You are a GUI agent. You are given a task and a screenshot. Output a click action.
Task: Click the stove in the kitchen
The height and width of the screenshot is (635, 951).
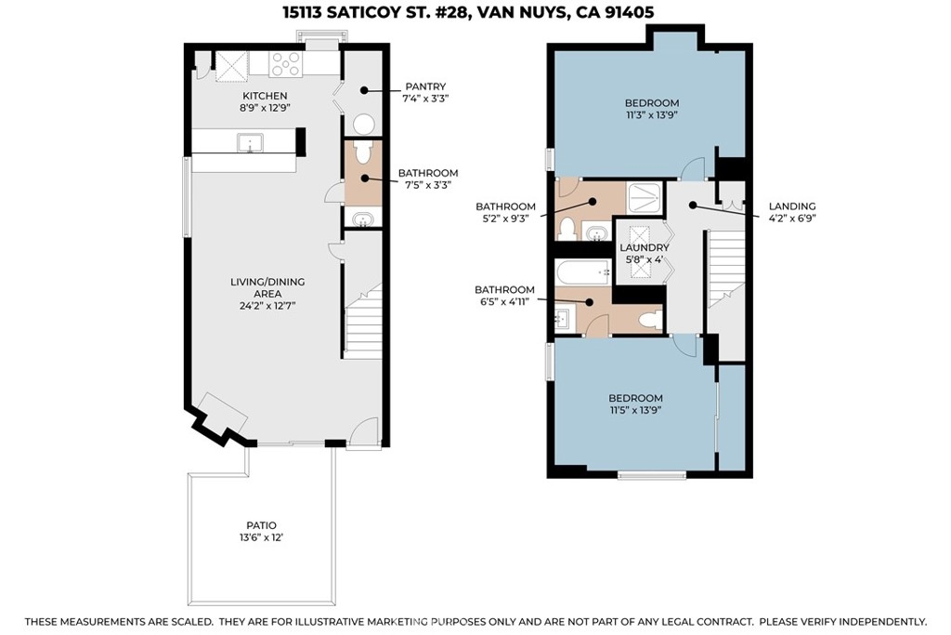286,64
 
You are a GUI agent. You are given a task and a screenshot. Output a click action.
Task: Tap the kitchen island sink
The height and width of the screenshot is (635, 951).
249,143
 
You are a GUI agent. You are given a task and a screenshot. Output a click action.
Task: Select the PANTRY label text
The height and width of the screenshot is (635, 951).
425,86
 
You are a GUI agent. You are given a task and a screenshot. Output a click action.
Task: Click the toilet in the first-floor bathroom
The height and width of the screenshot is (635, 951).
363,152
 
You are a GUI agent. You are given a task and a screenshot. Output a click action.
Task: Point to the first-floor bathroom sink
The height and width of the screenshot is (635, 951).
363,218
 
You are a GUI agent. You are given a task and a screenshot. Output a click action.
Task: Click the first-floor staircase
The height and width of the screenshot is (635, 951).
363,322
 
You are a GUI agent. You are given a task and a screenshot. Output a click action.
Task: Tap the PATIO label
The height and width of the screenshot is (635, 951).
261,525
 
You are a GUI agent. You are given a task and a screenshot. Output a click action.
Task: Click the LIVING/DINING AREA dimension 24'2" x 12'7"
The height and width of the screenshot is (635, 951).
267,306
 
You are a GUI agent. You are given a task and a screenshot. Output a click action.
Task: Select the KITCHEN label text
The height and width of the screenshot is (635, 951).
265,96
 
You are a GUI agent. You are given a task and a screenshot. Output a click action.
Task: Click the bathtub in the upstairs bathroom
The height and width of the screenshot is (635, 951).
583,272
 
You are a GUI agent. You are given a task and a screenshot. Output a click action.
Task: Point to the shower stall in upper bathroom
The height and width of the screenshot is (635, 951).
645,197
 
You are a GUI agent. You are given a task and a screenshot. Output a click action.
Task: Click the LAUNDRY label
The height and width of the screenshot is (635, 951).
645,247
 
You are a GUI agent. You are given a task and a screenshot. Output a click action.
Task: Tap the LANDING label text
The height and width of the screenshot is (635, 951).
792,206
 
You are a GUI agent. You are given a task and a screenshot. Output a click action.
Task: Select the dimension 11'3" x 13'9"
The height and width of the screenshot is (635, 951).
652,114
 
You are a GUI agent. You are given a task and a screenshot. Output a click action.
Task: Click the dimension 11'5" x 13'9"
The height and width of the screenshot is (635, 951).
635,410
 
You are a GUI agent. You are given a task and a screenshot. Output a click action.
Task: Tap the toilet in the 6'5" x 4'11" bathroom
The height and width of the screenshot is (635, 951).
651,320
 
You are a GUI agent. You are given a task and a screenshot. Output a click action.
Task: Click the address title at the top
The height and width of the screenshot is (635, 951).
468,13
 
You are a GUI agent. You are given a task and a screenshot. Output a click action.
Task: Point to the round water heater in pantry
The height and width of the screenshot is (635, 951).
364,125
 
